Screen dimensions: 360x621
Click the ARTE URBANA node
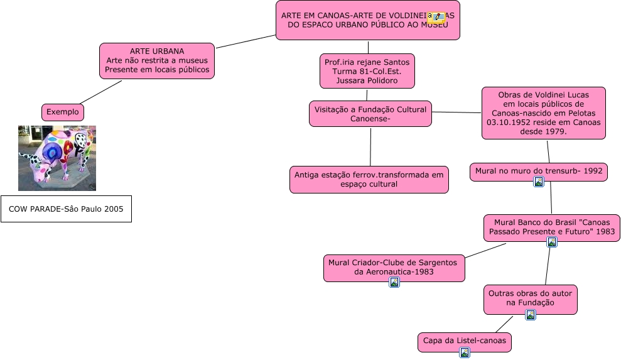pos(157,60)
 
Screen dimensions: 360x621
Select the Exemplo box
pos(63,112)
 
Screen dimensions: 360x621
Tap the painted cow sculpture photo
pos(57,158)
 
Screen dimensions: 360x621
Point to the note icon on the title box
pos(436,18)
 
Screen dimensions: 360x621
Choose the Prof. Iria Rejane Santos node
pos(367,71)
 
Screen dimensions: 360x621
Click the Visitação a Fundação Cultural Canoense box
pos(370,114)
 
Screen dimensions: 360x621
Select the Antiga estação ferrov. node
pos(369,180)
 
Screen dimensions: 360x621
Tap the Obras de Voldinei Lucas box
pos(543,113)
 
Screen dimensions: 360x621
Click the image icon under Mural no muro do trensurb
pos(538,182)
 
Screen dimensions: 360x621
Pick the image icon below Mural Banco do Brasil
pos(552,242)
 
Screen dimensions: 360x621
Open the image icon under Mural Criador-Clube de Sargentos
pos(394,282)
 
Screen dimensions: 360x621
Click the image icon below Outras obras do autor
pos(531,315)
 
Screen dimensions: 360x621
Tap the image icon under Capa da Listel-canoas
pos(465,352)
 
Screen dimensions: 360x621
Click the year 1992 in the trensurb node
pos(593,170)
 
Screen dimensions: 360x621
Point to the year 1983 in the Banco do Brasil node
pos(605,232)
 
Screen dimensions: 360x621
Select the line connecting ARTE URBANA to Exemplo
pos(101,92)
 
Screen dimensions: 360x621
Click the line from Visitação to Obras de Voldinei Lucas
pos(456,112)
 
